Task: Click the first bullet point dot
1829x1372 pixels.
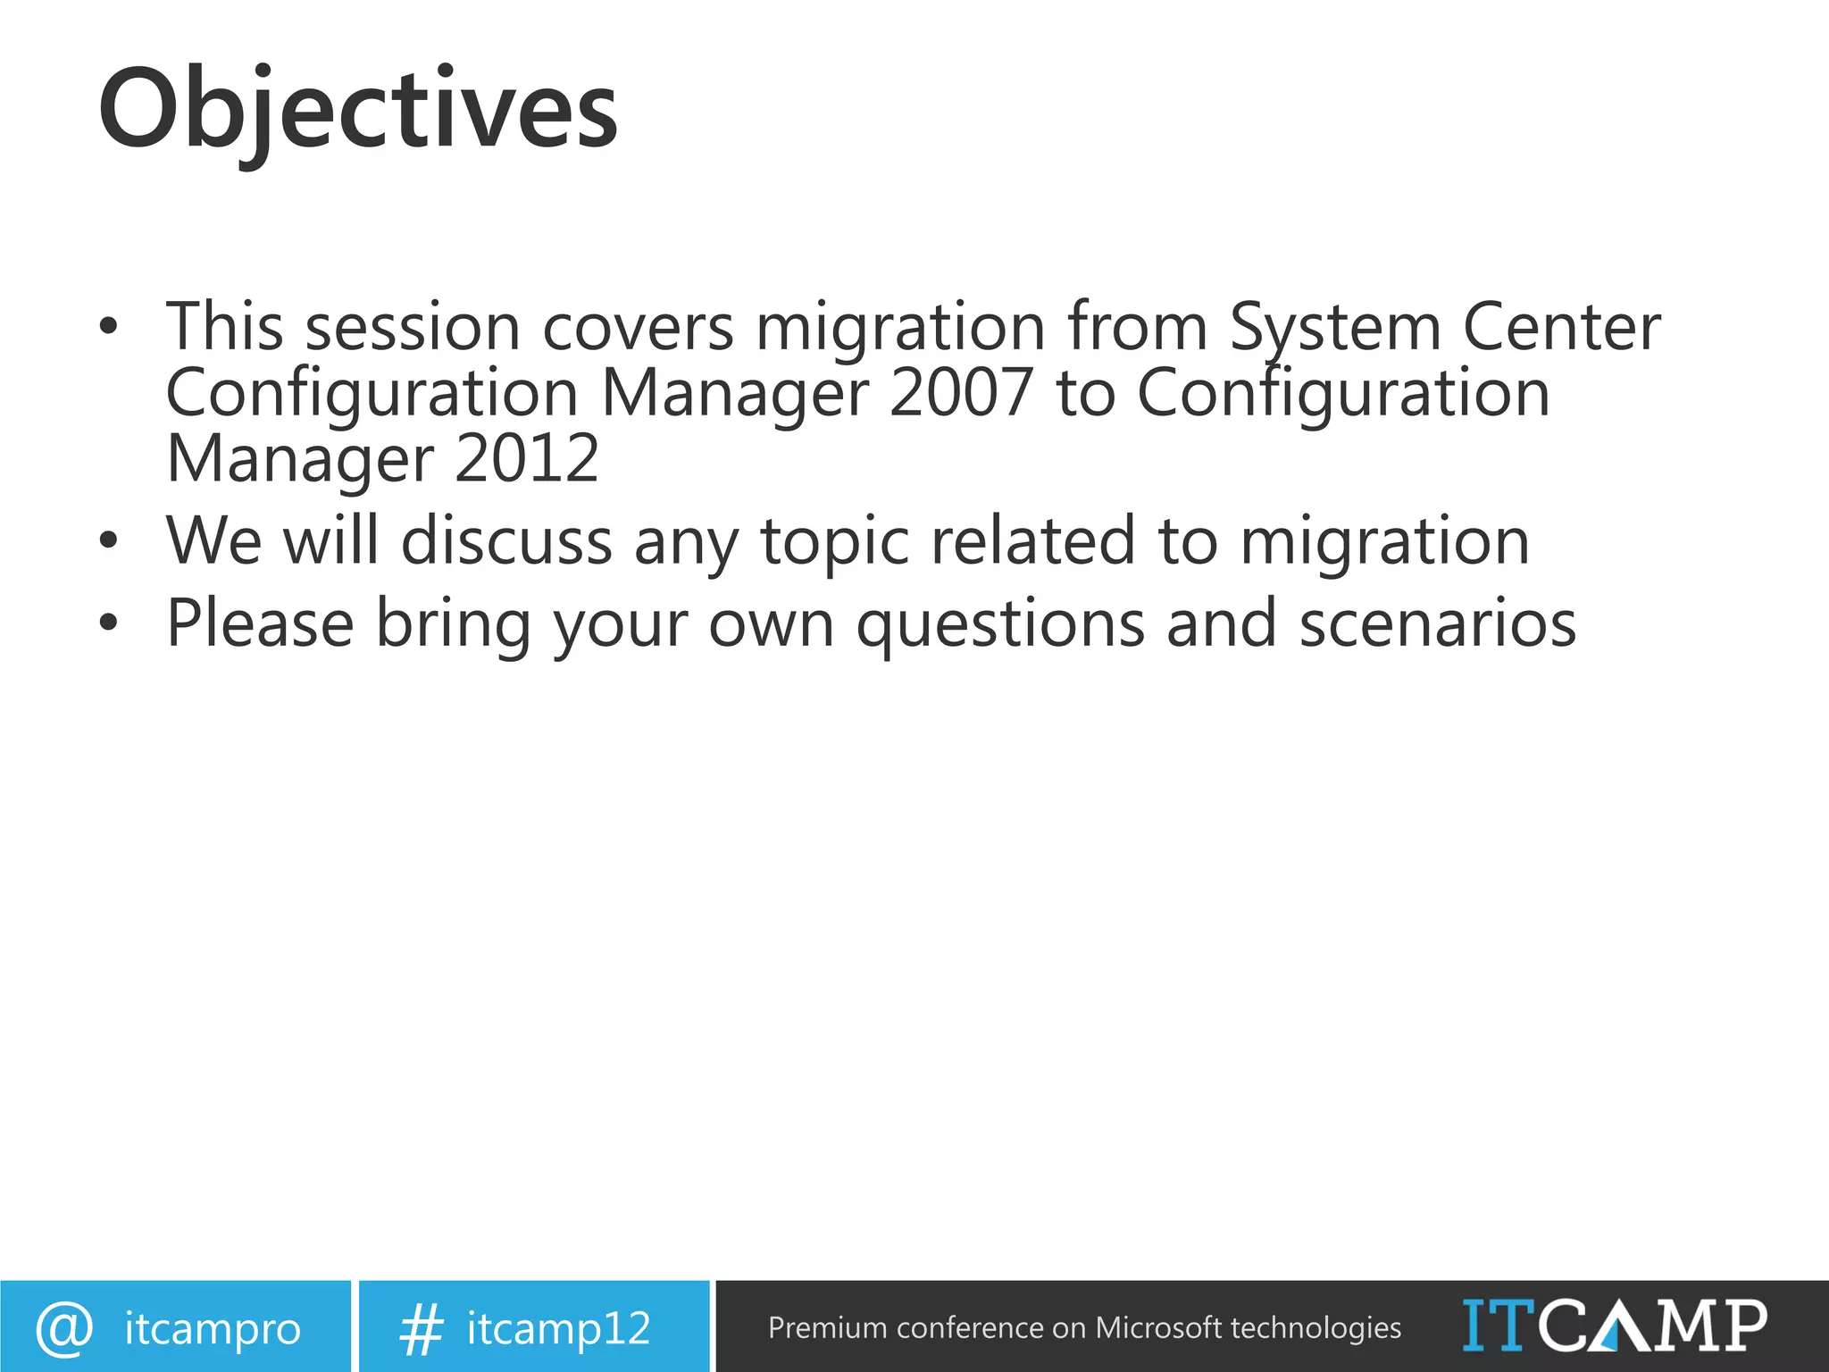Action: pyautogui.click(x=108, y=328)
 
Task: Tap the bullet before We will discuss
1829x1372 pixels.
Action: pyautogui.click(x=108, y=541)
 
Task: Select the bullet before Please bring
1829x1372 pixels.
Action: pyautogui.click(x=108, y=623)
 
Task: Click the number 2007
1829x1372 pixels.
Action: pyautogui.click(x=961, y=393)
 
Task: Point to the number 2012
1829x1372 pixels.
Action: pyautogui.click(x=526, y=459)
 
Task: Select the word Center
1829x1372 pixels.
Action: pyautogui.click(x=1561, y=327)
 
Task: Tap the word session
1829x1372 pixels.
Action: pyautogui.click(x=413, y=327)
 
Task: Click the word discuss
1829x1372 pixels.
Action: pyautogui.click(x=506, y=541)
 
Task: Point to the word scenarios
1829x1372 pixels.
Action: pyautogui.click(x=1438, y=623)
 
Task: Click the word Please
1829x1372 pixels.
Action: pyautogui.click(x=261, y=623)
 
